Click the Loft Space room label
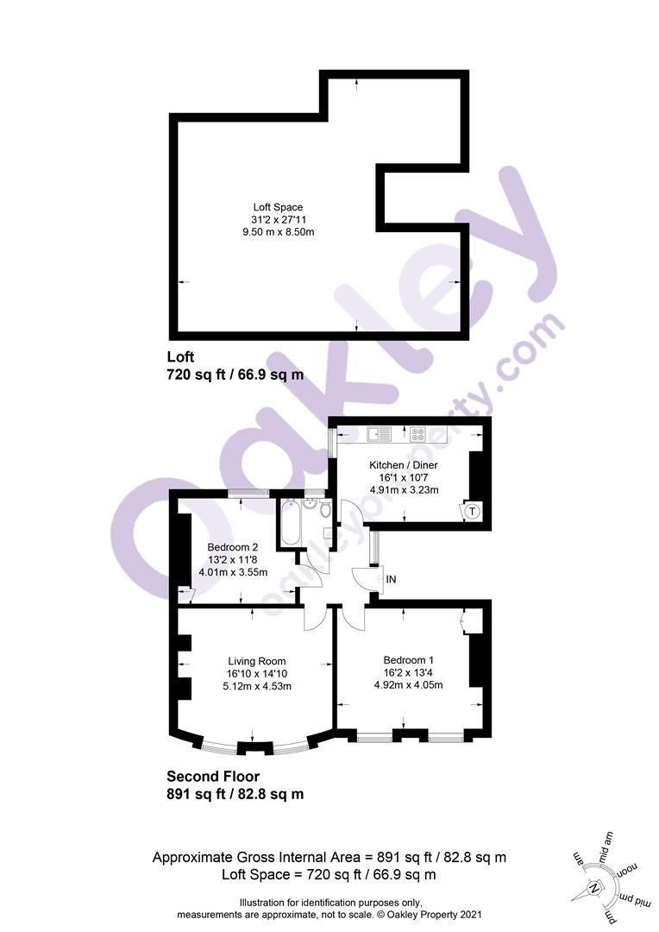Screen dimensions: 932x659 click(277, 207)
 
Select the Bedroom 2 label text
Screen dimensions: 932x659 click(233, 547)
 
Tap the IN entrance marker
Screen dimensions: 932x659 click(391, 580)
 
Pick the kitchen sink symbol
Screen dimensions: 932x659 click(379, 433)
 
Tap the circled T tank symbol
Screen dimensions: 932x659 click(471, 512)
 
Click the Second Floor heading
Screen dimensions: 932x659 click(213, 777)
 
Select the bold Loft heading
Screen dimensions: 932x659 click(180, 356)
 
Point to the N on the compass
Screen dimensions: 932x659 click(593, 889)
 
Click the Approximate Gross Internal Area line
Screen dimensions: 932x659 click(329, 858)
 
